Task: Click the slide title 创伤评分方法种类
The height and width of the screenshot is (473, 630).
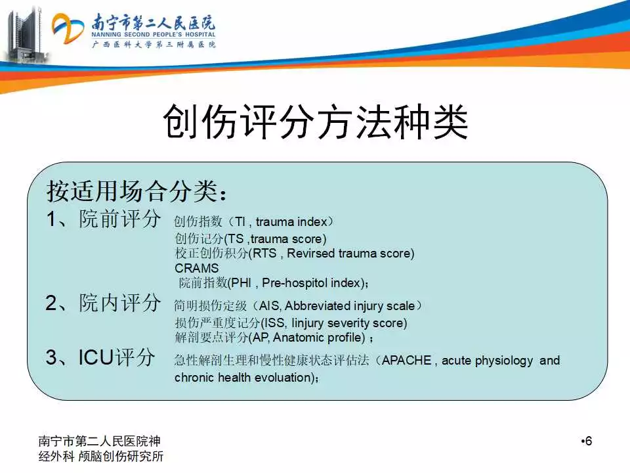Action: tap(316, 122)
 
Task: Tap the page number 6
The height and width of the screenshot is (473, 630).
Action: tap(589, 441)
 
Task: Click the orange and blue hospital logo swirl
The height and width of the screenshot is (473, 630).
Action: tap(68, 28)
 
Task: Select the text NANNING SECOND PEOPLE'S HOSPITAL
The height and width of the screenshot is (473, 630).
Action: tap(153, 35)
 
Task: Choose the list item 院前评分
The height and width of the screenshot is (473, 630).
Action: tap(119, 219)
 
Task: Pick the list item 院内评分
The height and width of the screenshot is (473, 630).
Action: tap(119, 303)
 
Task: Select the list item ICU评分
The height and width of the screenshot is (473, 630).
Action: tap(117, 357)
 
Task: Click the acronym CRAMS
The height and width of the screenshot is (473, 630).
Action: tap(196, 268)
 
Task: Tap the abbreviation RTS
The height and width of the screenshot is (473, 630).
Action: tap(264, 253)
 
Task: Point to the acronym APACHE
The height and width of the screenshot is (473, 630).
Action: tap(406, 360)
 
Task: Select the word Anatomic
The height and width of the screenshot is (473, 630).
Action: tap(297, 337)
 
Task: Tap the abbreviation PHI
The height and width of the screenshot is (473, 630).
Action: tap(241, 282)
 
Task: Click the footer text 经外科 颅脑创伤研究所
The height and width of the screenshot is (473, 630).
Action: tap(101, 456)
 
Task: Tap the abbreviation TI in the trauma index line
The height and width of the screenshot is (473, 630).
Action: tap(240, 221)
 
